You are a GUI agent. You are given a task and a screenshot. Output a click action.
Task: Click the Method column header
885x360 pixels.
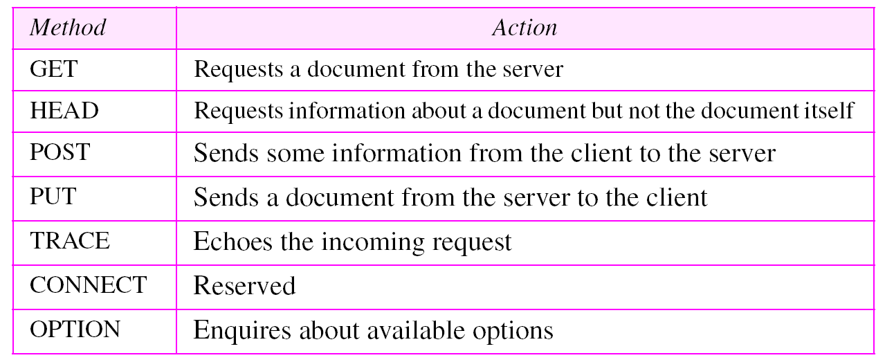[69, 27]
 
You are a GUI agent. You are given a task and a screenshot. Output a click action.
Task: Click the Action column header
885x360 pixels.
[524, 27]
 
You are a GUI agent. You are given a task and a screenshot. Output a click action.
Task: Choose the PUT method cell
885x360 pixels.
[52, 197]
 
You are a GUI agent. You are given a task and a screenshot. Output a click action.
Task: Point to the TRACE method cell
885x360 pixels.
[69, 241]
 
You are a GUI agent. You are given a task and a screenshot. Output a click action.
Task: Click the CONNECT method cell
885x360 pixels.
[88, 285]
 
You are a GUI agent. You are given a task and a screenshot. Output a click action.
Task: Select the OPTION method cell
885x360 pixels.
[75, 329]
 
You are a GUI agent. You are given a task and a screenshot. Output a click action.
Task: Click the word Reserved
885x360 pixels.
[244, 285]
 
